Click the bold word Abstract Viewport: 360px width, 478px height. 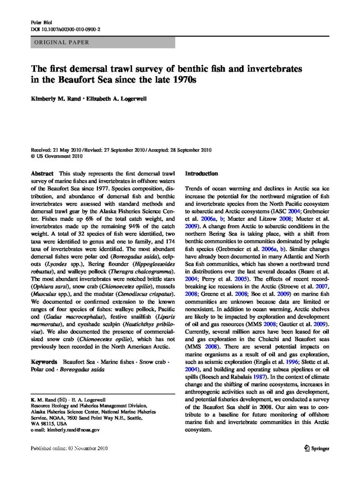tap(42, 174)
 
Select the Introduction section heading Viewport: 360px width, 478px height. tap(202, 174)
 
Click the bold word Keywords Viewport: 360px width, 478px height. tap(44, 362)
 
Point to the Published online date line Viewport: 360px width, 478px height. tap(69, 449)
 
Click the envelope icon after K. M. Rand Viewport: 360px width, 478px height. tap(61, 401)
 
